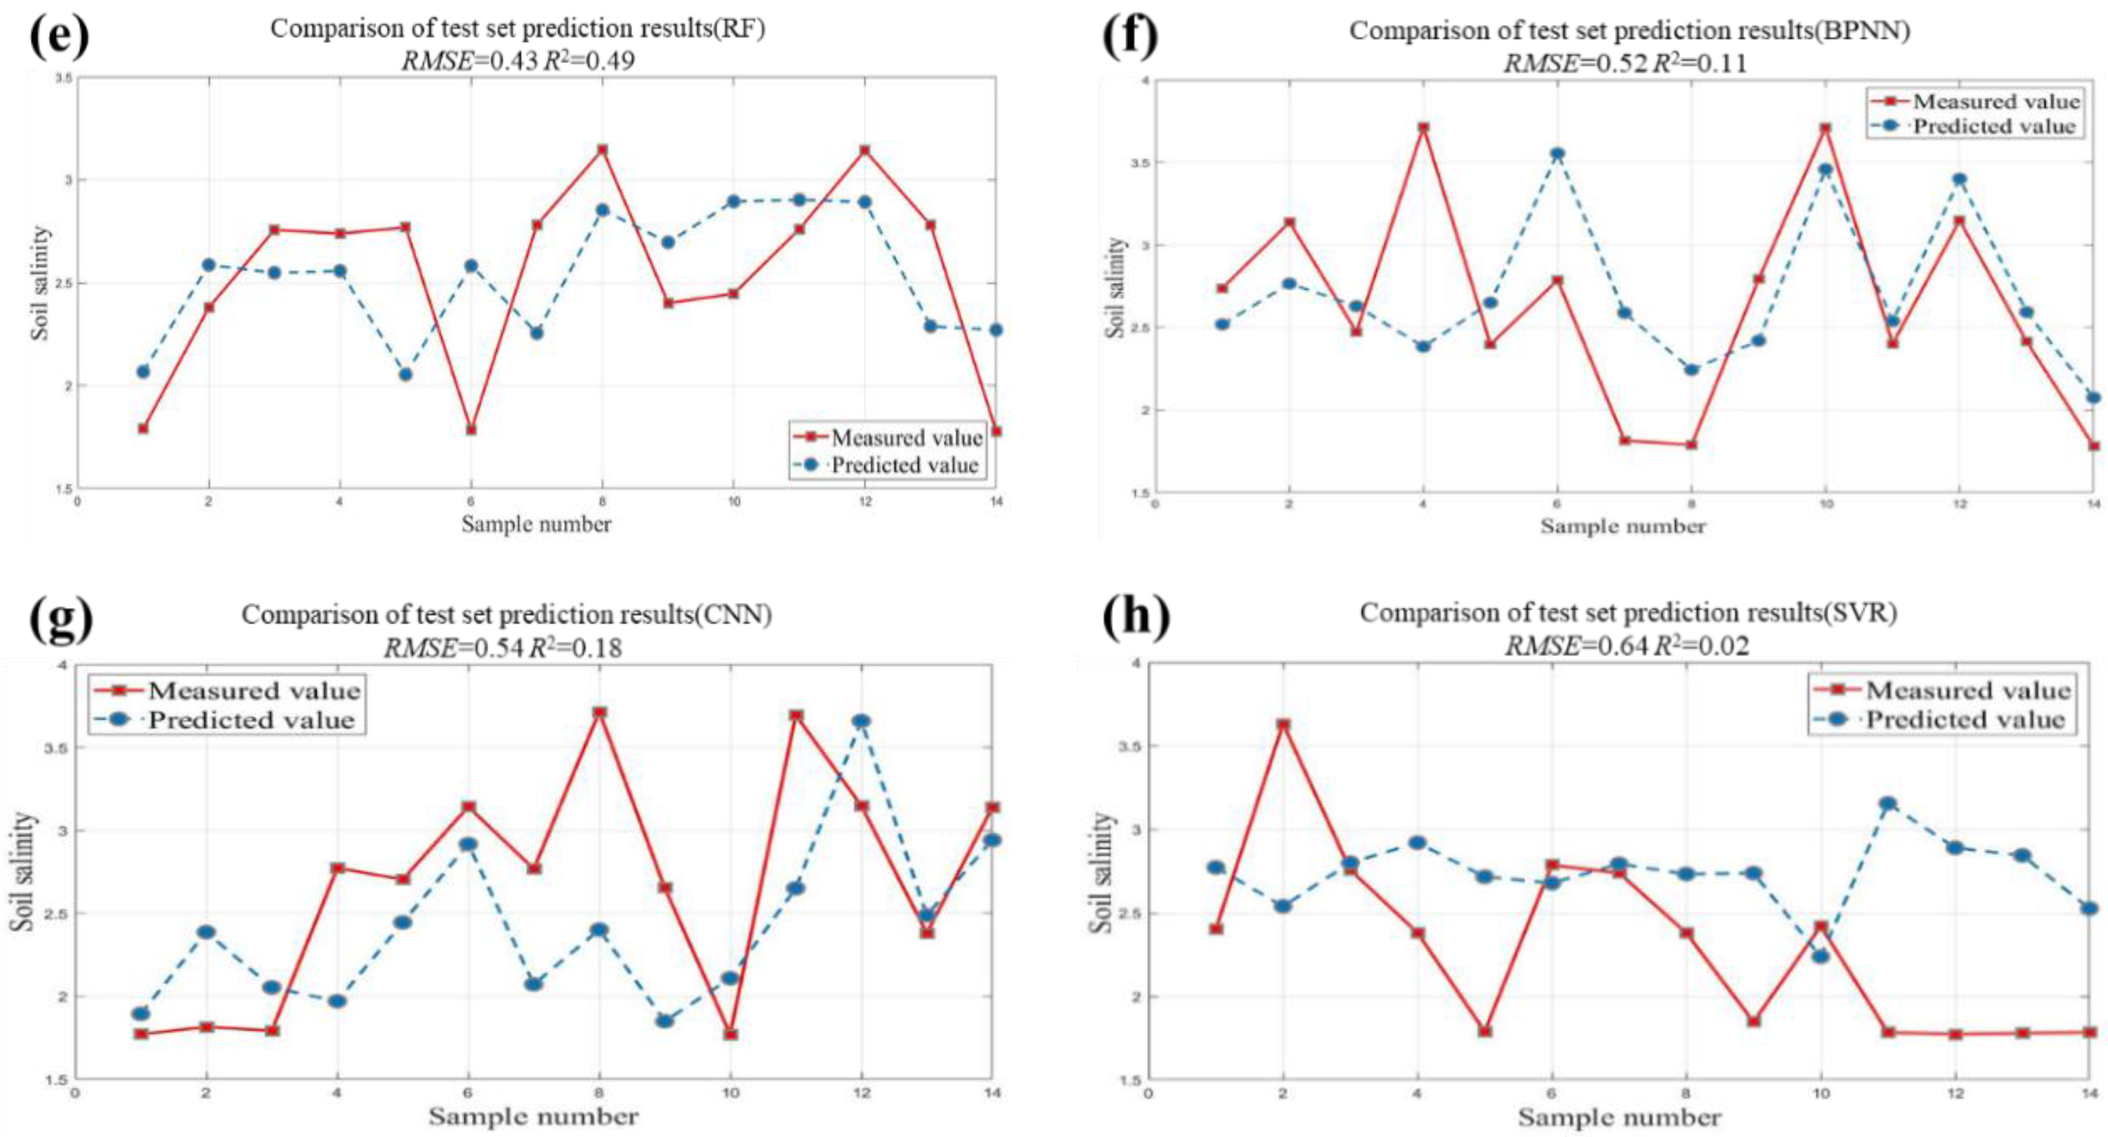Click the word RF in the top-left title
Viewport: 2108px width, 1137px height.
click(x=750, y=28)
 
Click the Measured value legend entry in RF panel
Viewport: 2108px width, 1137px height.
click(x=905, y=438)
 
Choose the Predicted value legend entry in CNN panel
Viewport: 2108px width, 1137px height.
click(x=251, y=720)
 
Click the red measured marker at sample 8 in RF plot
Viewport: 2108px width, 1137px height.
click(x=602, y=150)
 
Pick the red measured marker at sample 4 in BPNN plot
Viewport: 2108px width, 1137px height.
click(x=1423, y=128)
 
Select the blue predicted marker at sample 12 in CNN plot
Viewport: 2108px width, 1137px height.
click(x=861, y=721)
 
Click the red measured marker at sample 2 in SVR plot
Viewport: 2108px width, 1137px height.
click(x=1283, y=724)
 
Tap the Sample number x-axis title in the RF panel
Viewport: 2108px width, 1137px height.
click(x=536, y=524)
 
